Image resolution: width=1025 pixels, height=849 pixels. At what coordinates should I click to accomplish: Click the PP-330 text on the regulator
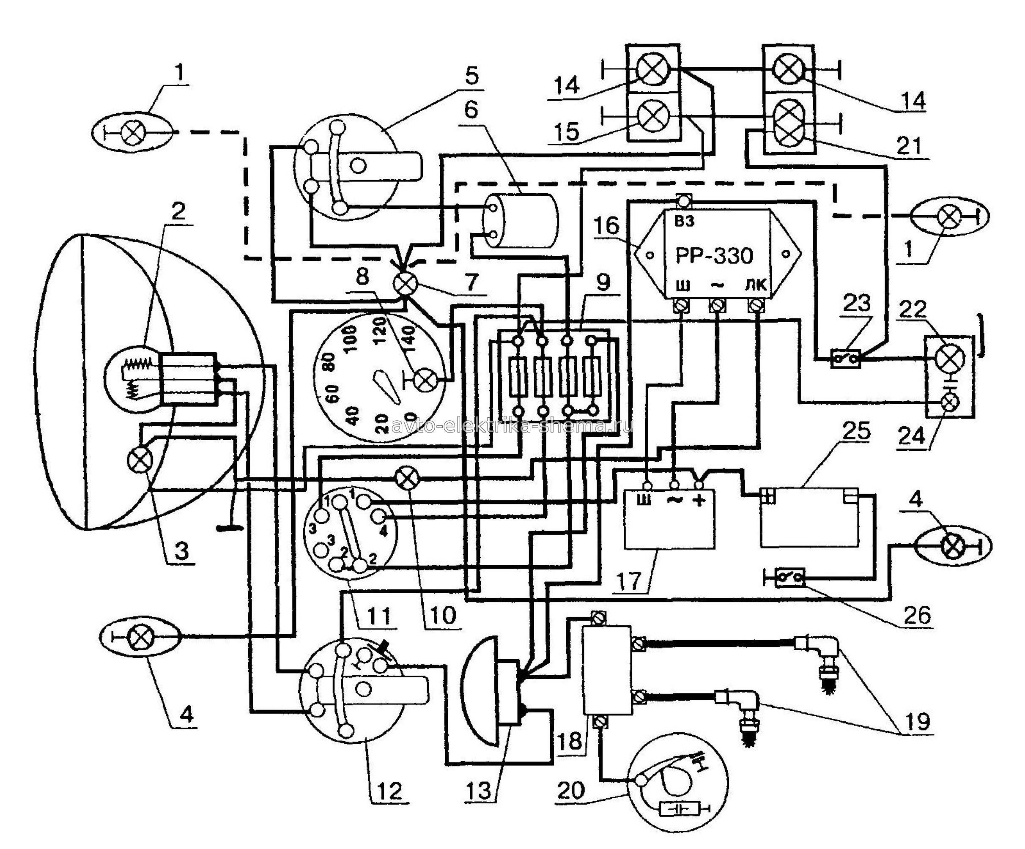(x=714, y=255)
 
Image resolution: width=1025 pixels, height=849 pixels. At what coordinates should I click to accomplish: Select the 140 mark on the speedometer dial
(x=409, y=337)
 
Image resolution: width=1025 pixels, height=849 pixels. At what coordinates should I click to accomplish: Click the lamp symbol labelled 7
(x=405, y=284)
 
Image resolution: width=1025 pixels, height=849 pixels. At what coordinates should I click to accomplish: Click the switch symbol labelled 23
(x=846, y=360)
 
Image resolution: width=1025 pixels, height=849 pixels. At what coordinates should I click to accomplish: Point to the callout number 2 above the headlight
(x=178, y=211)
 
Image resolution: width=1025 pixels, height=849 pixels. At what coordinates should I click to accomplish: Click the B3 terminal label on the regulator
(x=684, y=222)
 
